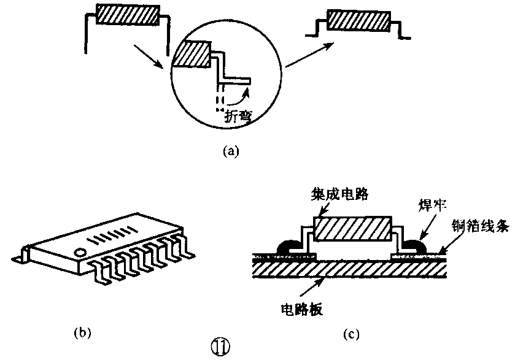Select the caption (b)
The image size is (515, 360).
(83, 333)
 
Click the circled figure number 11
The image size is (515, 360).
(220, 348)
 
